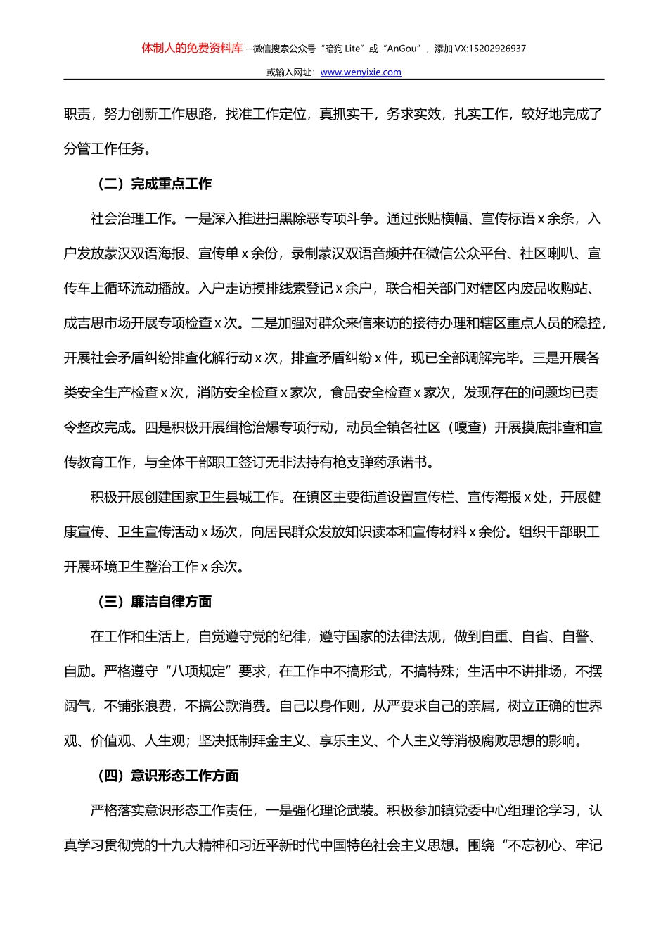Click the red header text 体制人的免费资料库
192,49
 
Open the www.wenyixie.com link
361,72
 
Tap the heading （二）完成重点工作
154,184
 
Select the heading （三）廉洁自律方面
154,602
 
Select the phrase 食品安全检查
371,393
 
